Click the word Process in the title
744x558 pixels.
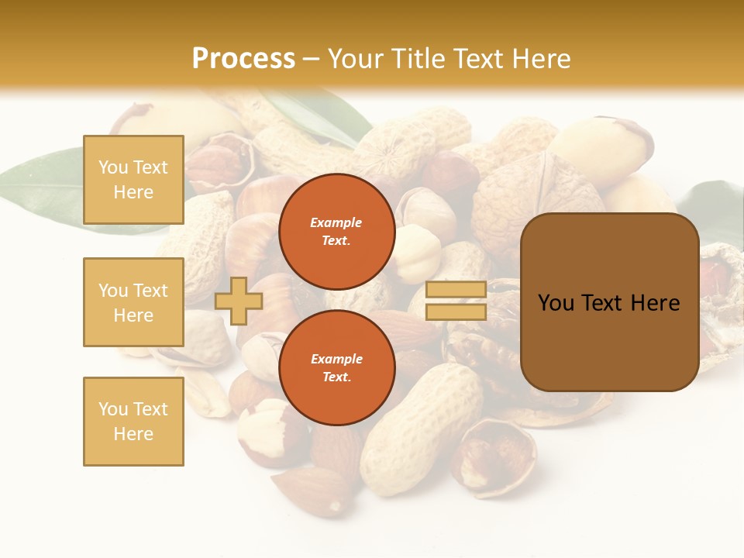243,58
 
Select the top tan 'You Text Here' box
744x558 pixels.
133,180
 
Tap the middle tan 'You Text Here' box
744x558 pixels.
133,302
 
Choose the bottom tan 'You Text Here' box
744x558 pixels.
133,422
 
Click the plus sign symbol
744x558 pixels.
239,301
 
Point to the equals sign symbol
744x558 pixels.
456,301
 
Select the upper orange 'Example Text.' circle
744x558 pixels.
336,231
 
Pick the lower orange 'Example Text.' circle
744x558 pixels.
336,367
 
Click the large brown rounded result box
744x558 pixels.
609,302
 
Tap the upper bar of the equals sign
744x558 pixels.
456,290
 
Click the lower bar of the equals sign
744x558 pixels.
456,312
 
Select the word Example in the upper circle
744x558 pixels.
336,222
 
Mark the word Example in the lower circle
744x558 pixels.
336,359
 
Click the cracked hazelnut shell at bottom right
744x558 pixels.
496,457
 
